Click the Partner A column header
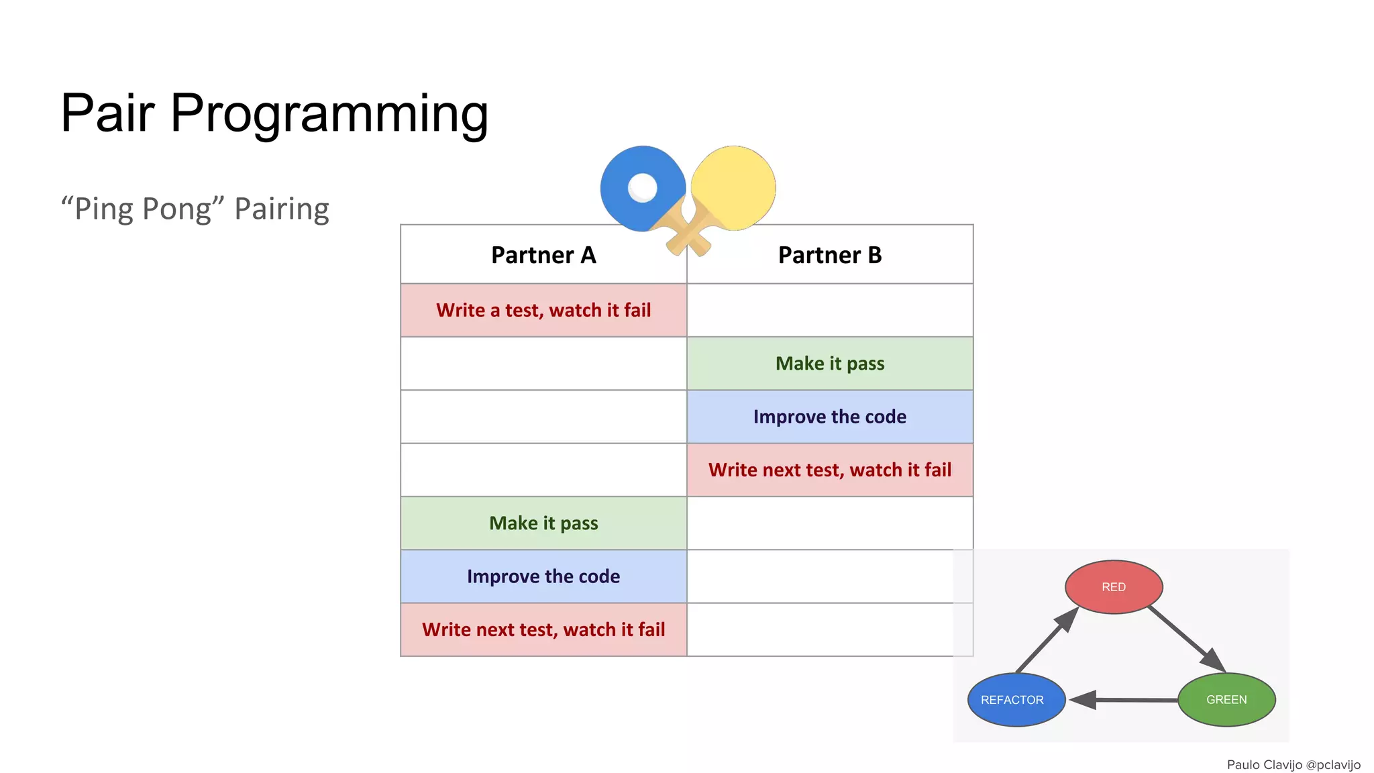pyautogui.click(x=543, y=255)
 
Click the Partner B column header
pyautogui.click(x=830, y=255)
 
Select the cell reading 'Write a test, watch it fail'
pyautogui.click(x=543, y=310)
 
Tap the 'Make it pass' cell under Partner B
pyautogui.click(x=830, y=363)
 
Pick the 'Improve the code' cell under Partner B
pyautogui.click(x=830, y=417)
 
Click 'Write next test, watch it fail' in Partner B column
pyautogui.click(x=830, y=470)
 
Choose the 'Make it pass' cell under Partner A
pyautogui.click(x=543, y=523)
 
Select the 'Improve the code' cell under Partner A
pyautogui.click(x=543, y=576)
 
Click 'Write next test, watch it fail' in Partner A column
pyautogui.click(x=543, y=629)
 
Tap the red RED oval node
pyautogui.click(x=1114, y=587)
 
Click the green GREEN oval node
pyautogui.click(x=1226, y=699)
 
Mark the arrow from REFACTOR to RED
pyautogui.click(x=1047, y=641)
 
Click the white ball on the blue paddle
pyautogui.click(x=642, y=187)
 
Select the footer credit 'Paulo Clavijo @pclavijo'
pyautogui.click(x=1293, y=764)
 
